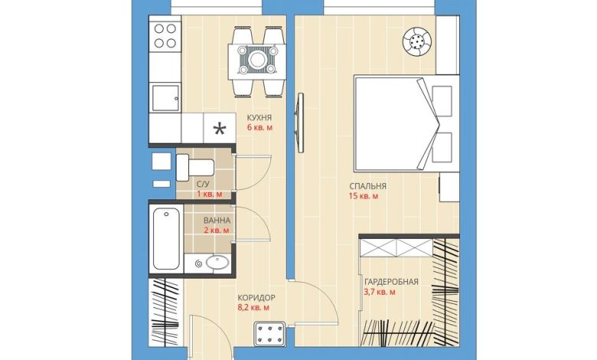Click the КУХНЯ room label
[259, 117]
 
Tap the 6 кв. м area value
[259, 127]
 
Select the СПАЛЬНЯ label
[368, 186]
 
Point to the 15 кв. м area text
[364, 196]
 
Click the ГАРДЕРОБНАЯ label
[391, 282]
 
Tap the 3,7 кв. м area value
[380, 292]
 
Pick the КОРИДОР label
[256, 297]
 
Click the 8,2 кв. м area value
[253, 307]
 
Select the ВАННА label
[217, 221]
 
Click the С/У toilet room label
[203, 185]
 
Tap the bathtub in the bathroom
[166, 239]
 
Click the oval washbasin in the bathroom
[217, 263]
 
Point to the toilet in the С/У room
[195, 167]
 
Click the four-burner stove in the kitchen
[165, 36]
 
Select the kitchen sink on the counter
[165, 98]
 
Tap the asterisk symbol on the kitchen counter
[219, 129]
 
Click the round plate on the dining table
[257, 59]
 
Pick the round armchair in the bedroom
[418, 42]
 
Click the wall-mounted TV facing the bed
[300, 123]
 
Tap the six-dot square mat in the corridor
[269, 334]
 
